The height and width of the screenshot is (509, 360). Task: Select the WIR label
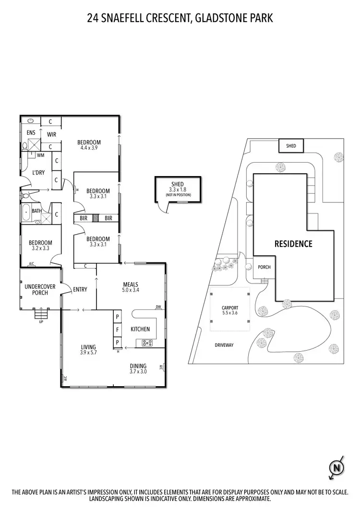tap(51, 134)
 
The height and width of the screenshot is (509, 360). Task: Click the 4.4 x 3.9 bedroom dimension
tap(89, 148)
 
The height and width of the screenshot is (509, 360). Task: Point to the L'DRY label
tap(38, 172)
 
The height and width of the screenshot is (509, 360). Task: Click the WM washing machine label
tap(40, 155)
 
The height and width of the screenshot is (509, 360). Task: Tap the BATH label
tap(36, 211)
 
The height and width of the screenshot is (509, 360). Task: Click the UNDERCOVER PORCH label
tap(40, 290)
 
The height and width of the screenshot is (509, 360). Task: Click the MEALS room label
tap(130, 284)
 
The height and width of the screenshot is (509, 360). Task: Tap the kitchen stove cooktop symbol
tap(146, 343)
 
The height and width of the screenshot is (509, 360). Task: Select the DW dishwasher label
tap(158, 307)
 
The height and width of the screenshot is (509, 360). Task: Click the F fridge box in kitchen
tap(116, 329)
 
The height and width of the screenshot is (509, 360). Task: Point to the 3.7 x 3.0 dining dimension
tap(138, 371)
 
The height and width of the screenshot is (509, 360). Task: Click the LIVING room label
tap(88, 347)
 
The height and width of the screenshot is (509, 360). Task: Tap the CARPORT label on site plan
tap(230, 308)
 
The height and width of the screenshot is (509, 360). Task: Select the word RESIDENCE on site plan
tap(293, 244)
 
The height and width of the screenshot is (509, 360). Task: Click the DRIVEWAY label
tap(224, 345)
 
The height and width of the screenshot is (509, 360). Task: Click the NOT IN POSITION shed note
tap(178, 195)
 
